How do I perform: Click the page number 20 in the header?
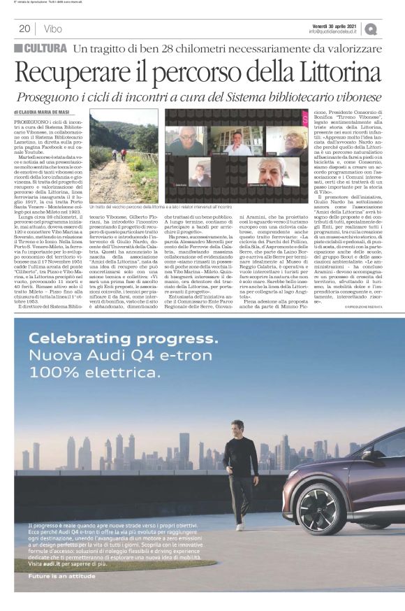[x=24, y=29]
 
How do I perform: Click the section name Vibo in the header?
[x=52, y=29]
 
